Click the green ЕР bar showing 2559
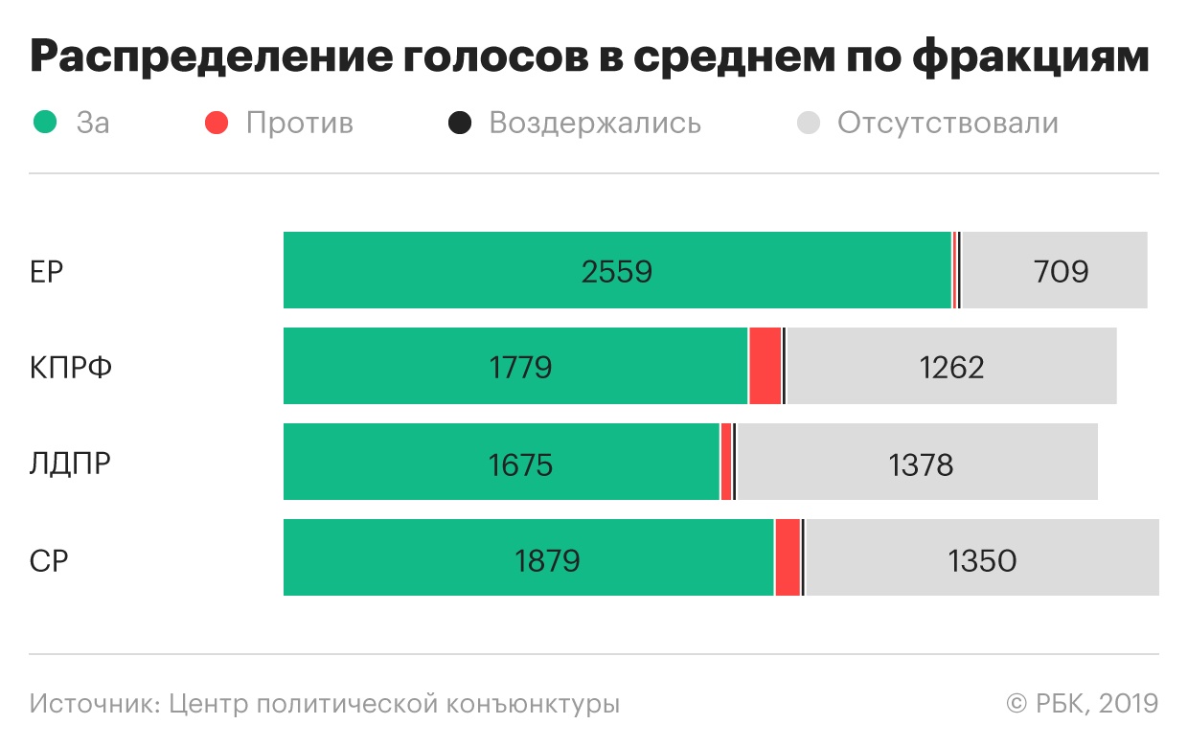click(617, 270)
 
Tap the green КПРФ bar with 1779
click(515, 366)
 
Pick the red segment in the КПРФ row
click(765, 366)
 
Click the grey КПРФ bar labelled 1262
click(951, 366)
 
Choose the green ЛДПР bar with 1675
click(501, 462)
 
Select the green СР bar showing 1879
click(528, 557)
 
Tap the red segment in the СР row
click(788, 557)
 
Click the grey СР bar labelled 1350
click(982, 557)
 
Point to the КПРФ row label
click(71, 368)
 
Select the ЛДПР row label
click(70, 464)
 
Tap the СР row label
click(49, 559)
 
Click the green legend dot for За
click(45, 124)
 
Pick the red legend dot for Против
click(217, 124)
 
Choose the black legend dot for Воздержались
click(461, 124)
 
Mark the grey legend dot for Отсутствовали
click(809, 124)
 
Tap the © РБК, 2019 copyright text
click(1082, 704)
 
